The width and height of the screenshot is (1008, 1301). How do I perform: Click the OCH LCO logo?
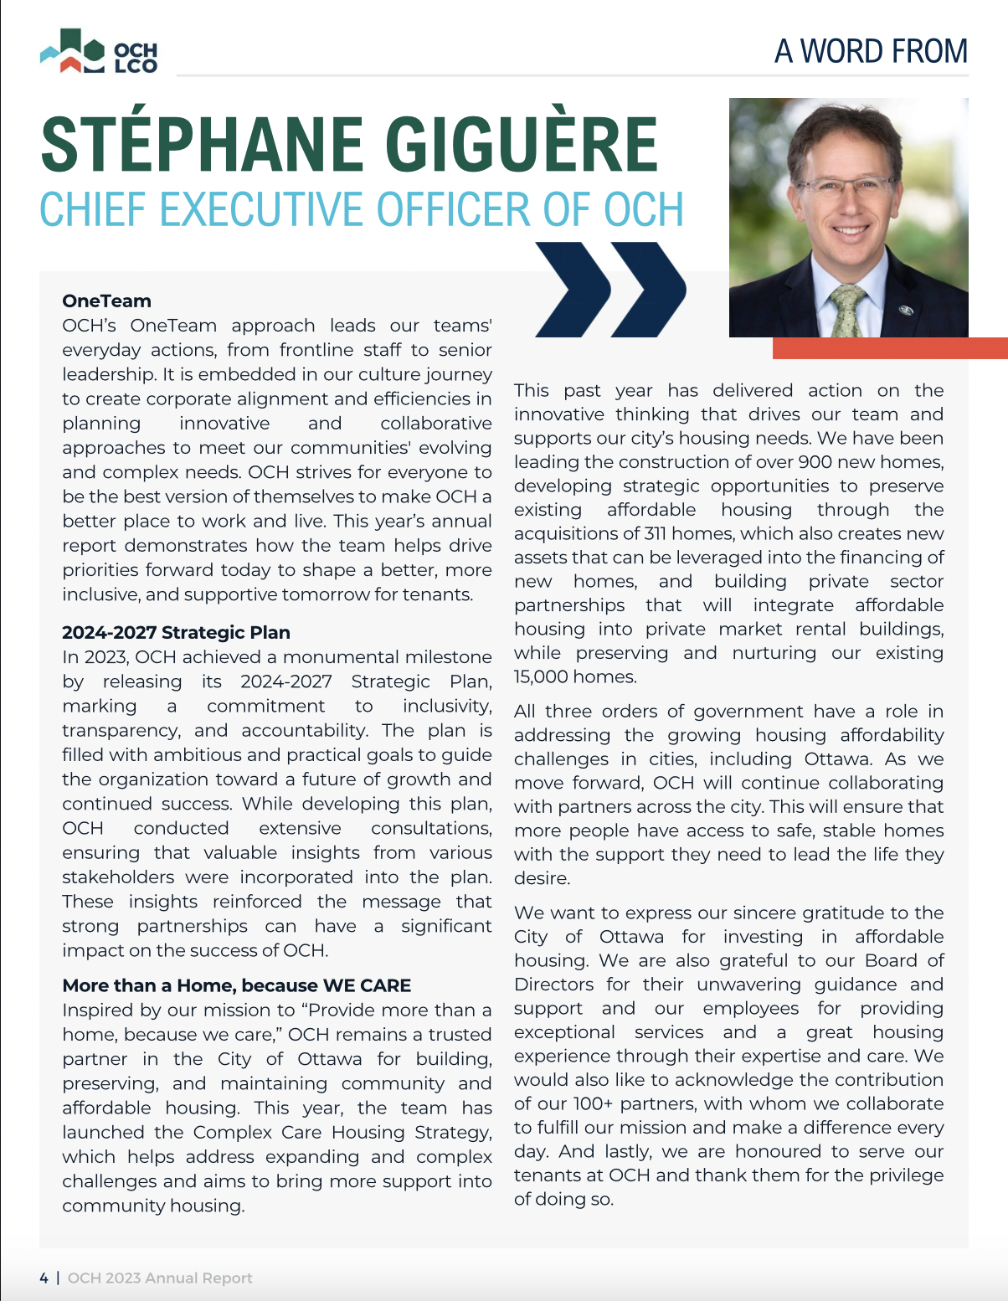tap(99, 52)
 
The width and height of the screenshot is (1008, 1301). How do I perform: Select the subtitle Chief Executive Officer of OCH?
tap(362, 209)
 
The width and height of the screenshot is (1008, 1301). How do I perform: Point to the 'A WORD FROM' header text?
tap(871, 52)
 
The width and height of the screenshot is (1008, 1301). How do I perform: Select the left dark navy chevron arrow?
tap(574, 289)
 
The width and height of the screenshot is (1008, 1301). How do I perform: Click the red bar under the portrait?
tap(889, 348)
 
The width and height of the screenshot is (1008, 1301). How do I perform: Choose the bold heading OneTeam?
tap(106, 301)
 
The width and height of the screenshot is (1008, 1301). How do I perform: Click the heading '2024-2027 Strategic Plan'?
tap(176, 632)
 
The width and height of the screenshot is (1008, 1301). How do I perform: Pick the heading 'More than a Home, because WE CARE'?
tap(237, 985)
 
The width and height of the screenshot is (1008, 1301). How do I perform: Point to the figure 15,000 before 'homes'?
tap(543, 676)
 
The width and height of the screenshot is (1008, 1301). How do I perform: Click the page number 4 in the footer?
tap(44, 1278)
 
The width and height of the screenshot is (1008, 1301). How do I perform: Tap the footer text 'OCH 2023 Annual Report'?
tap(160, 1278)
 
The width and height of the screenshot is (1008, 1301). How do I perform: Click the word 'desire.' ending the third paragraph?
tap(542, 878)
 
